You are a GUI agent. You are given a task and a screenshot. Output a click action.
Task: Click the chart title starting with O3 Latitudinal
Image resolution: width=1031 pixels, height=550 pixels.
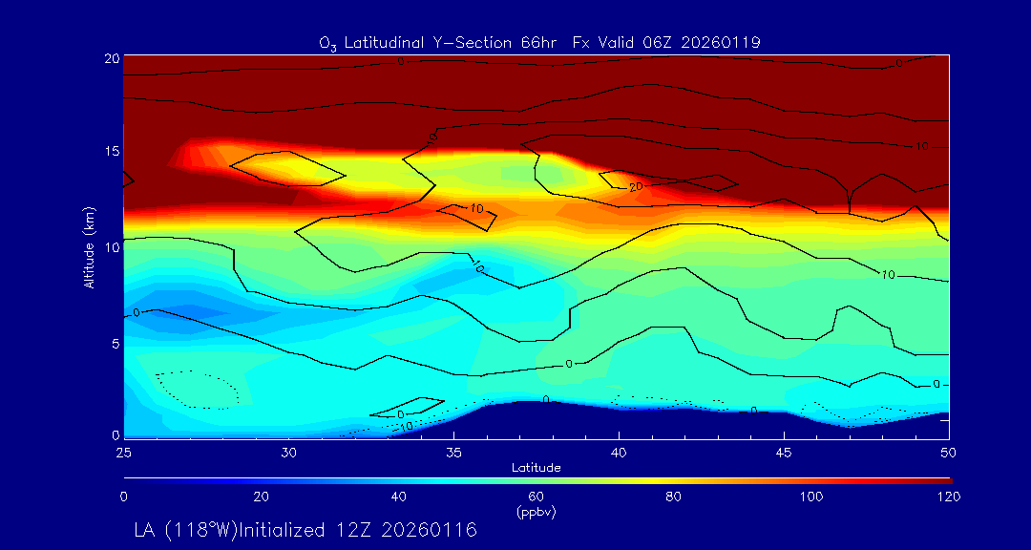[539, 42]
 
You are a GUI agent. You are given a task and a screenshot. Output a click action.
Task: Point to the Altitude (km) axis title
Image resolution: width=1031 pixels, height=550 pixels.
[89, 246]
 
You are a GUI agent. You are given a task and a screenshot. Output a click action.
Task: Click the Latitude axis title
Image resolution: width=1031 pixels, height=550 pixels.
[537, 468]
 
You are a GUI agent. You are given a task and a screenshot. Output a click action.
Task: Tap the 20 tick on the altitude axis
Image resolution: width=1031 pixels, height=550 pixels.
[110, 58]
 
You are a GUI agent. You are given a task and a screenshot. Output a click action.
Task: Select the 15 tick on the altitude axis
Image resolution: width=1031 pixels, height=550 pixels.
[110, 152]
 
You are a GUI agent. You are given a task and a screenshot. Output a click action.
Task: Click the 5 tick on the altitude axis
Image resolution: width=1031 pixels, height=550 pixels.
[114, 342]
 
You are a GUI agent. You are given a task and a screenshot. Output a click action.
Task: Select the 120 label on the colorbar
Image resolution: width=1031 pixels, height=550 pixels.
[949, 497]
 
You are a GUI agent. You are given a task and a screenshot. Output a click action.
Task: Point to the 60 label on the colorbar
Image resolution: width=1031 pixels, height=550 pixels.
[537, 497]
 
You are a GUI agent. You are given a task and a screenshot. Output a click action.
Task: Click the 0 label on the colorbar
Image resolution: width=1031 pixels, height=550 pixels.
[124, 497]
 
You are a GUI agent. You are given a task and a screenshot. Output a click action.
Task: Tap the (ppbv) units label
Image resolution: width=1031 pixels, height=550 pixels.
[537, 511]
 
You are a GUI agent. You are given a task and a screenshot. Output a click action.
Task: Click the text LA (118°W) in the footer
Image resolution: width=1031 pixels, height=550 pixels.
[187, 529]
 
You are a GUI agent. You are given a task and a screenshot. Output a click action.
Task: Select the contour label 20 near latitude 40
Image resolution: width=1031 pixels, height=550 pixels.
[635, 188]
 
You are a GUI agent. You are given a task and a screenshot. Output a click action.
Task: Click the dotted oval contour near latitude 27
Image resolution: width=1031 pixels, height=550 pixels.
[198, 390]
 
